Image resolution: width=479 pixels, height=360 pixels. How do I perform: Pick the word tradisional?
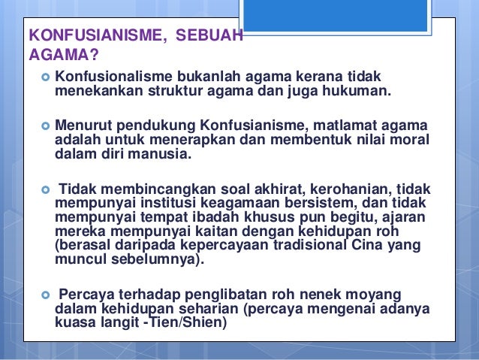pyautogui.click(x=293, y=247)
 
